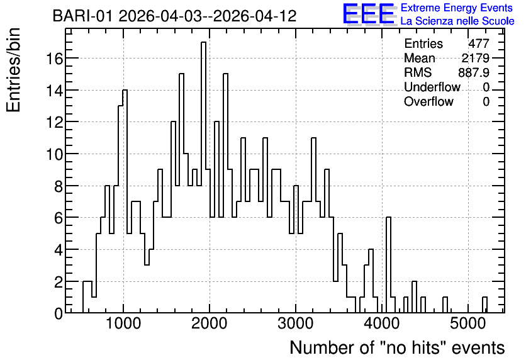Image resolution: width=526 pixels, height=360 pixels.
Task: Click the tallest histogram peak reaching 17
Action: point(203,177)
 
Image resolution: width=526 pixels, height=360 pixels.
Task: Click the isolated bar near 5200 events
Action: point(484,305)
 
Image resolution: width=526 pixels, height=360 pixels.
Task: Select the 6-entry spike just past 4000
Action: point(388,265)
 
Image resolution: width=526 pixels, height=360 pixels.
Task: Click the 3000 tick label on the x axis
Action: point(296,323)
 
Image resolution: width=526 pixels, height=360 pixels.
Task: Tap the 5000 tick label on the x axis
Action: point(468,323)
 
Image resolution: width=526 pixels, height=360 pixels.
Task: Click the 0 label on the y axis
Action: point(59,313)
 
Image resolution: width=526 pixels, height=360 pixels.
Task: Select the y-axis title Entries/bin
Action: point(13,70)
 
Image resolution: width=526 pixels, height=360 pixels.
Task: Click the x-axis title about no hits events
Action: point(397,347)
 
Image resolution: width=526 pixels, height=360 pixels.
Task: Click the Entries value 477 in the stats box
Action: point(479,43)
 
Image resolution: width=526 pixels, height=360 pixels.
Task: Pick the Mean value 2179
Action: point(475,58)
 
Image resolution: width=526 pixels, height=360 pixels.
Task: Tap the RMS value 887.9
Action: point(474,72)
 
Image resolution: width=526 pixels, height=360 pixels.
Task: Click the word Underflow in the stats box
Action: point(432,87)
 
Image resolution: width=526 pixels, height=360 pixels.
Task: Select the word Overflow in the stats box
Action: point(428,101)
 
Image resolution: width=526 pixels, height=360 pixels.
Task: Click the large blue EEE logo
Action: point(369,14)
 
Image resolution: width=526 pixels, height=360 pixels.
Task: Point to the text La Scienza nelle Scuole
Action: point(457,21)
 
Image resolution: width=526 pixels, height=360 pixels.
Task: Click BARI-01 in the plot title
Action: point(82,16)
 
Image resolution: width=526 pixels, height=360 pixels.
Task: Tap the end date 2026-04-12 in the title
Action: point(255,16)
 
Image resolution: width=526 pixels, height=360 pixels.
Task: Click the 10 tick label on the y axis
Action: point(54,154)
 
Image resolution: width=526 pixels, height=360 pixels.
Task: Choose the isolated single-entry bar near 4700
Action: point(445,305)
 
